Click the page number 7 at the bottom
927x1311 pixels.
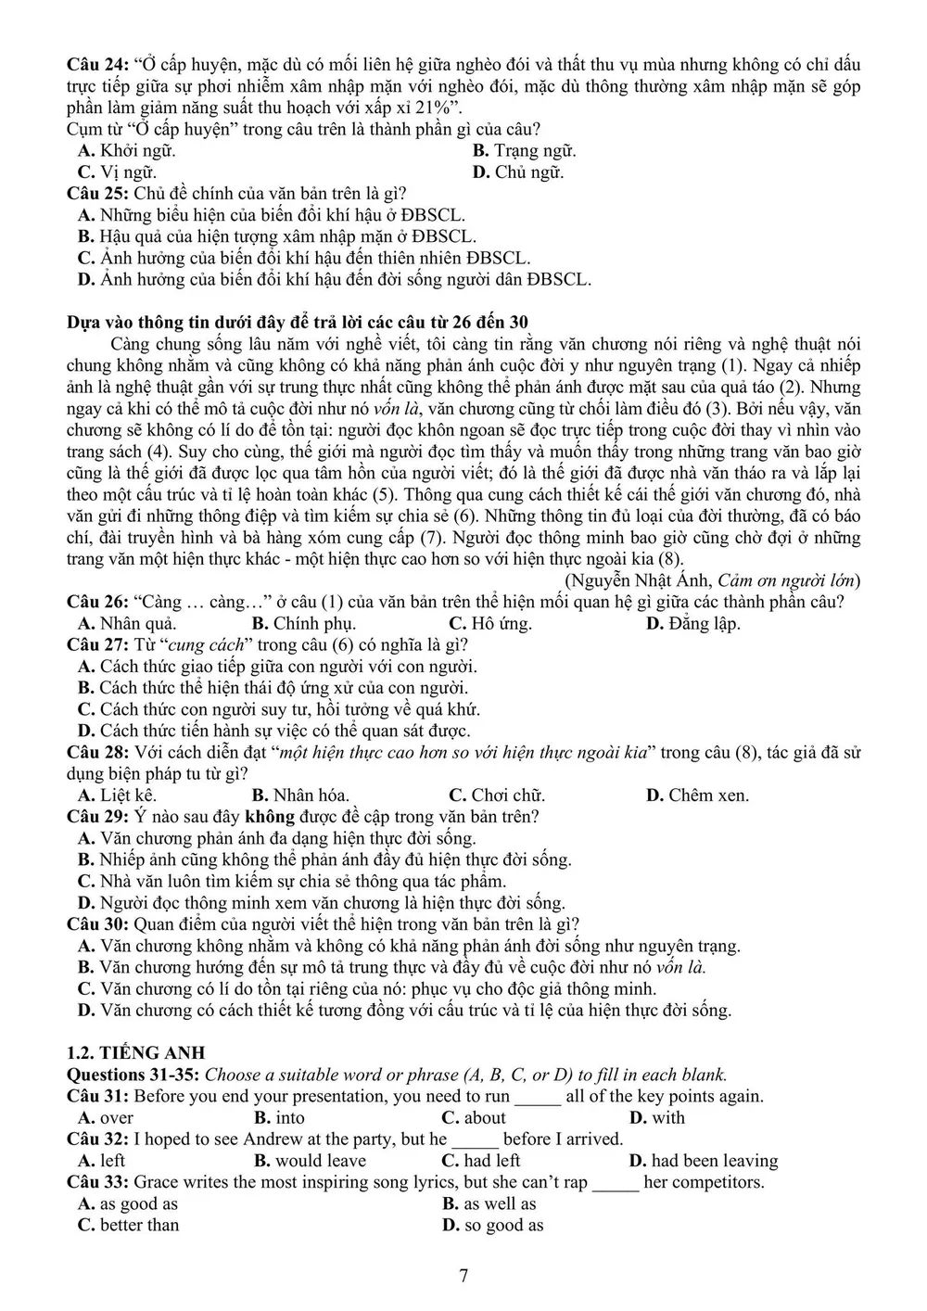tap(463, 1276)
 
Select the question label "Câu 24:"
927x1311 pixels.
tap(97, 65)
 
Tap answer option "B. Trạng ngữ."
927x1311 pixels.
tap(524, 151)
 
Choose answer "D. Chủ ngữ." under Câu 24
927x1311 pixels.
tap(517, 172)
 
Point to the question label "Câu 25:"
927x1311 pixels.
tap(97, 194)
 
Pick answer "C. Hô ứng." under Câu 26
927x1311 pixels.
tap(489, 624)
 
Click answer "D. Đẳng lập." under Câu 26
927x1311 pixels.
tap(692, 624)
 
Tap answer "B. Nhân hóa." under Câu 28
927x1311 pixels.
tap(299, 796)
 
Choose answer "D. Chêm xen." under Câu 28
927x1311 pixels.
tap(697, 796)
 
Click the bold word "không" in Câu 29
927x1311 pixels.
tap(269, 817)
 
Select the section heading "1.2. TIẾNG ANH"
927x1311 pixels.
tap(136, 1053)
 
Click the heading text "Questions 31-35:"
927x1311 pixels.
tap(133, 1076)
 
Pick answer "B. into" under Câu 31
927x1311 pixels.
tap(279, 1118)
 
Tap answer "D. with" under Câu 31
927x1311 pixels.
tap(656, 1118)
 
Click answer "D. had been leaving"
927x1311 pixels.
tap(703, 1161)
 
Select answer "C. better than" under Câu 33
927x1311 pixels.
tap(128, 1225)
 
